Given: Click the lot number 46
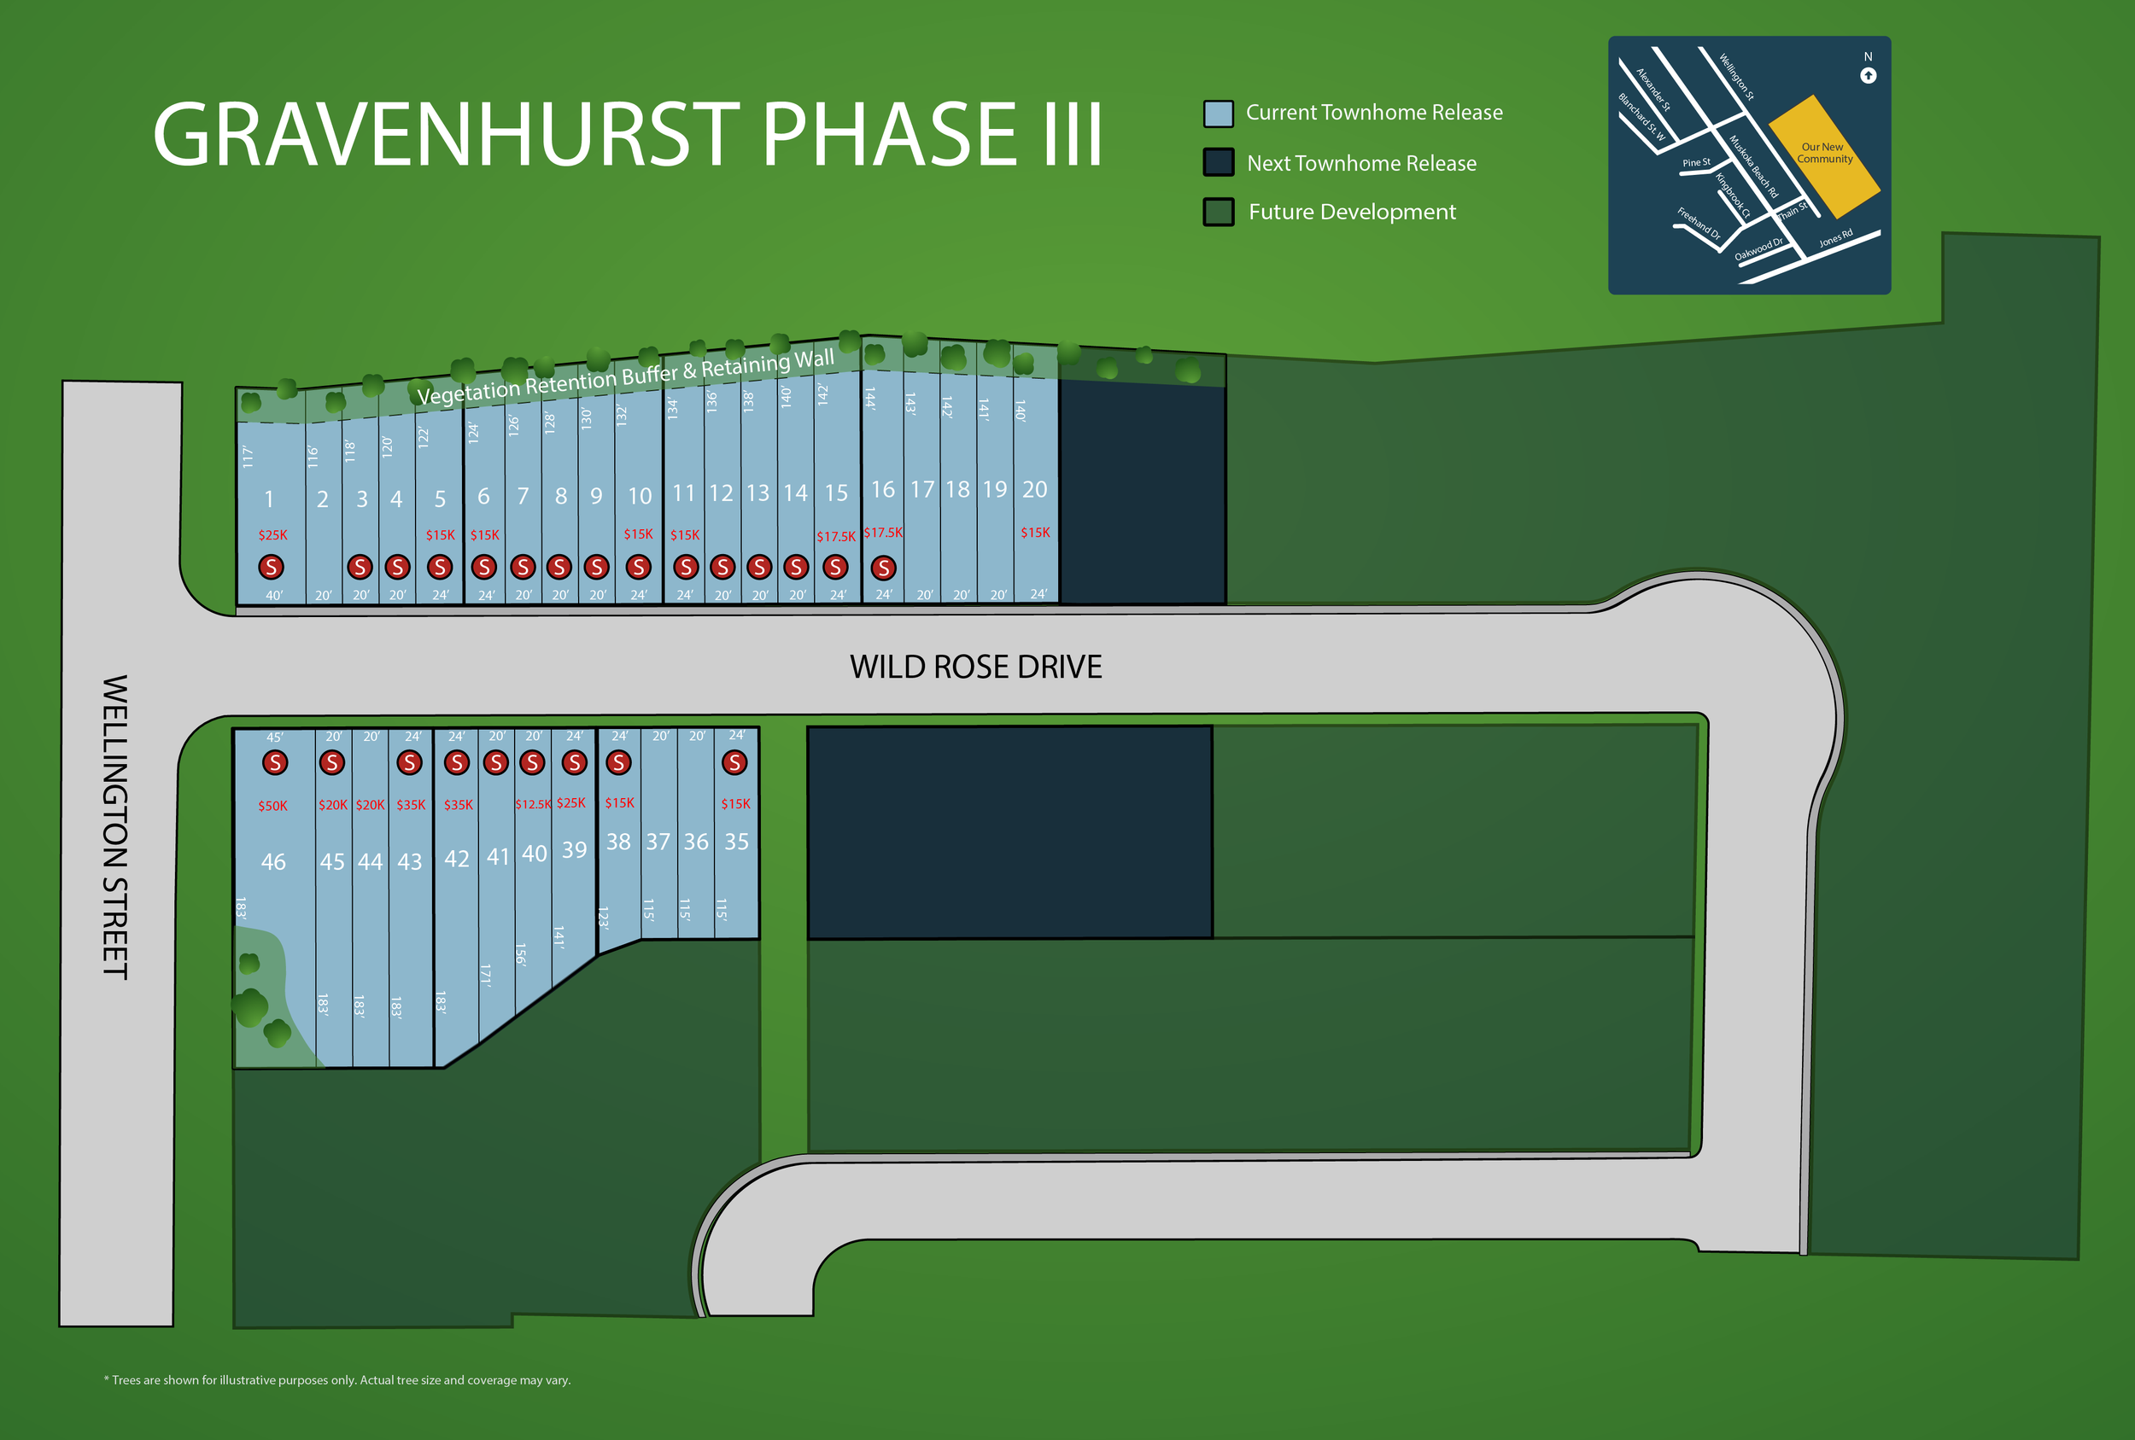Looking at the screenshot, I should coord(272,861).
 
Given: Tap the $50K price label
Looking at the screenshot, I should coord(272,807).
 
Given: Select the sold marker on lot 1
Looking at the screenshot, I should coord(270,567).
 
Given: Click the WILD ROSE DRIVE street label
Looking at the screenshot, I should coord(974,667).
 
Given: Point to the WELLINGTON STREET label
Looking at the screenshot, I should coord(114,826).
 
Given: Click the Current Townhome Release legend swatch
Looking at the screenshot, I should coord(1218,114).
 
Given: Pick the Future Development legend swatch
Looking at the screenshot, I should coord(1218,213).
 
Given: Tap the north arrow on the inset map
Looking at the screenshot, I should coord(1868,75).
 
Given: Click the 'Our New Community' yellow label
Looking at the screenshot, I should coord(1824,153).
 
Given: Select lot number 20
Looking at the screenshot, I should coord(1034,489).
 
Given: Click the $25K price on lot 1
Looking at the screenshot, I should coord(272,534).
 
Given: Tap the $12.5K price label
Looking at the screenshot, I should coord(533,804).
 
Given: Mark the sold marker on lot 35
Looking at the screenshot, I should coord(734,762).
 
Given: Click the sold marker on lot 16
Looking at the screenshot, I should coord(883,568).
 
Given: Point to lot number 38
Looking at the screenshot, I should coord(618,842).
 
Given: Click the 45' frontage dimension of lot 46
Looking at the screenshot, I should coord(275,737).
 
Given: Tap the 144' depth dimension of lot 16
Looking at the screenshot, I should coord(870,398).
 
